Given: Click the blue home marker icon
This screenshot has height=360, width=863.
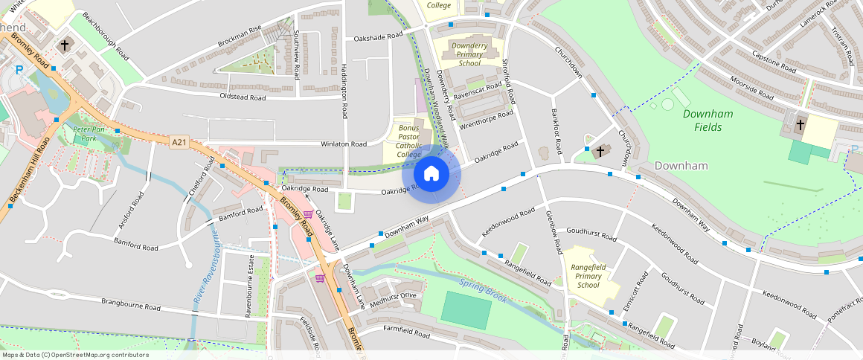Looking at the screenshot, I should click(431, 174).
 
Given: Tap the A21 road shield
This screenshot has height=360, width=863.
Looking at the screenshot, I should click(179, 142).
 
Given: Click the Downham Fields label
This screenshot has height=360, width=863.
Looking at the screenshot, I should click(708, 120).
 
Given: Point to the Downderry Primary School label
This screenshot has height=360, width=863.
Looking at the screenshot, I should click(469, 54).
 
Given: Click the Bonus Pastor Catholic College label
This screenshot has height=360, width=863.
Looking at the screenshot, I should click(409, 141).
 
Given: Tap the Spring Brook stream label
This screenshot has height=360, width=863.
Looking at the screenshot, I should click(483, 291).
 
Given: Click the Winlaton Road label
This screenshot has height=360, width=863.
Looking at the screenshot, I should click(343, 144).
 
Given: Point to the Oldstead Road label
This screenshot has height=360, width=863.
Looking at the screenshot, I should click(243, 97).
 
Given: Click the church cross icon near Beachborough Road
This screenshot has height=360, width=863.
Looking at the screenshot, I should click(65, 45).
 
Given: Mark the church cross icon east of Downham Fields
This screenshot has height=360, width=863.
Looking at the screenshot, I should click(801, 124).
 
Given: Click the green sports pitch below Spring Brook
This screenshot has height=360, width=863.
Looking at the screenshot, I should click(466, 310).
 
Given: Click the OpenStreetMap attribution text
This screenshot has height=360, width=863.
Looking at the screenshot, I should click(74, 355).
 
